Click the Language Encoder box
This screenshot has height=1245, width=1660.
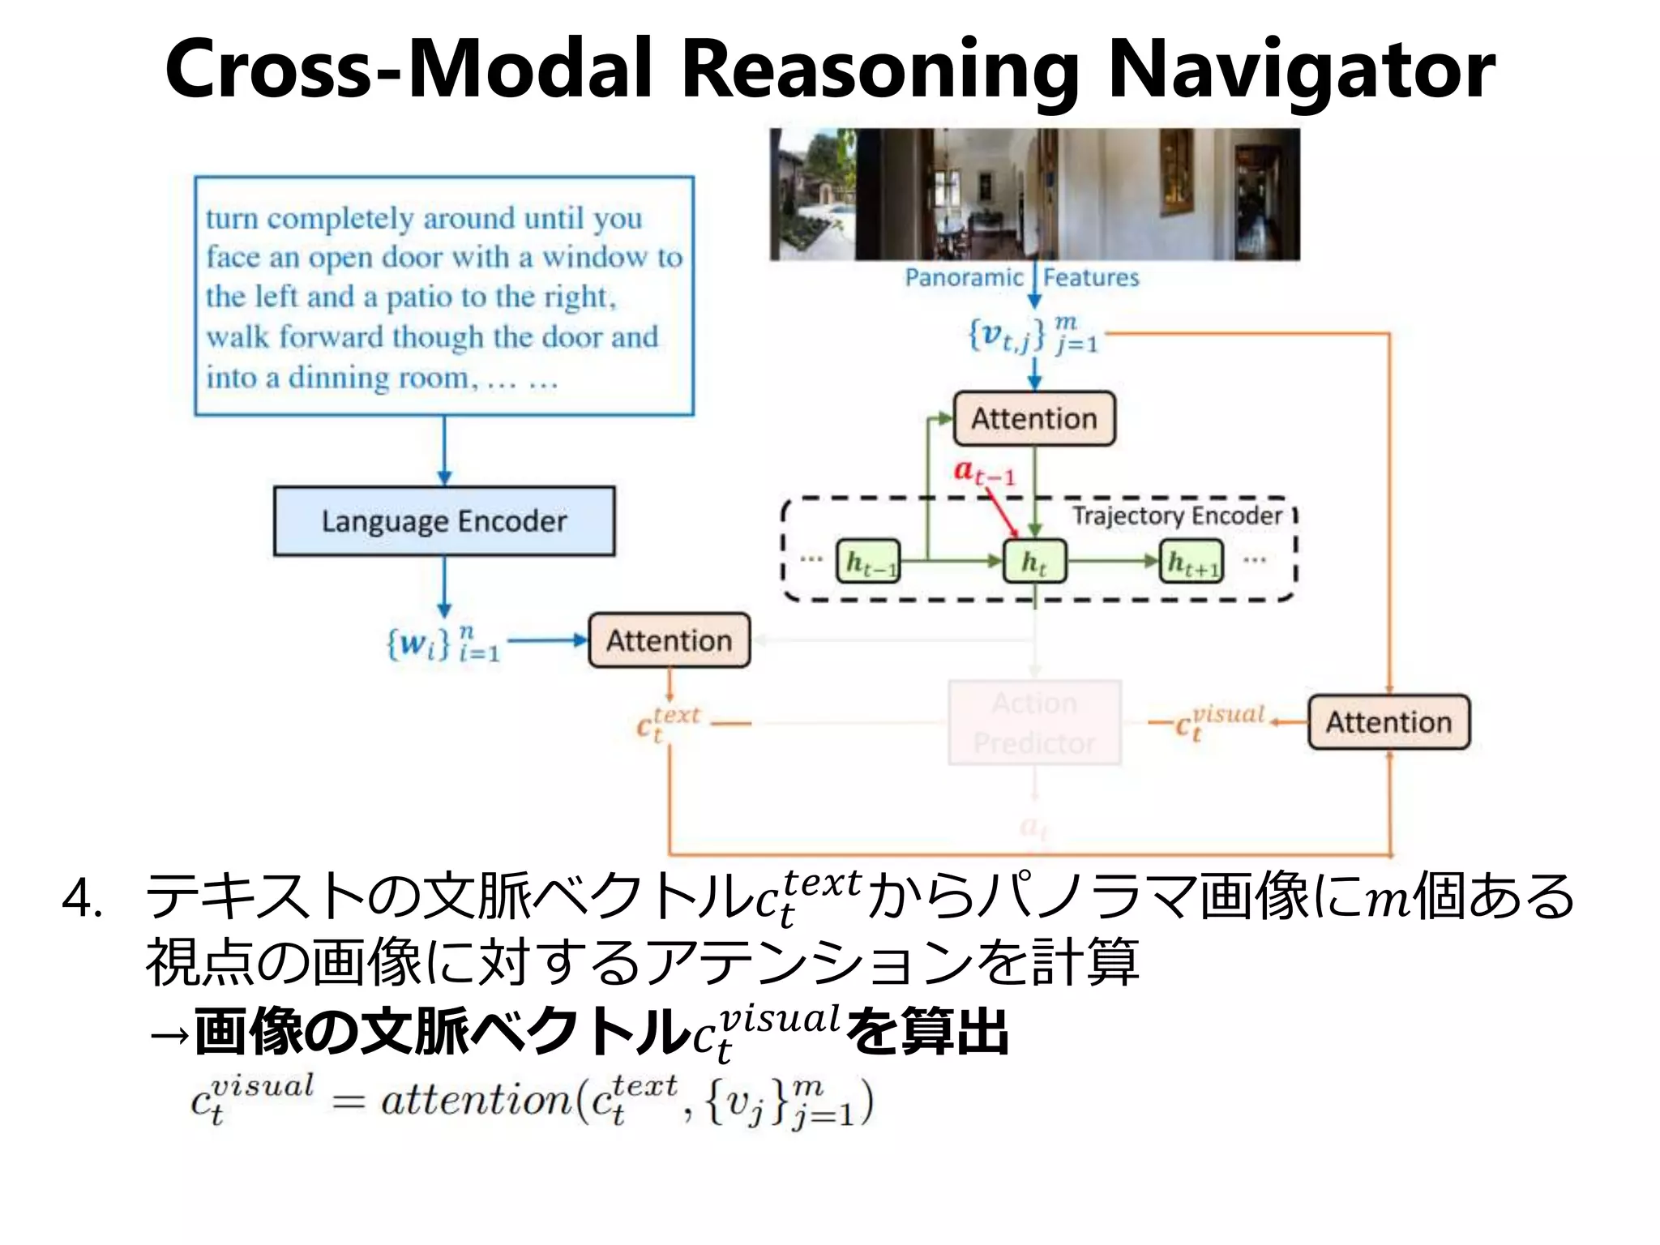443,520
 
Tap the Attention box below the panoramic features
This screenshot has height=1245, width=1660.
1033,418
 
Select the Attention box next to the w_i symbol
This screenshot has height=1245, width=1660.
669,640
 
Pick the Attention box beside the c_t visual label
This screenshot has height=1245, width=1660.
1388,721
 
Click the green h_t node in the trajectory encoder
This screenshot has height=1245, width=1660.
1034,561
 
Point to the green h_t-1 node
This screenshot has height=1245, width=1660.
868,561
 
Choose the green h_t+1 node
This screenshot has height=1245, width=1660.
1192,562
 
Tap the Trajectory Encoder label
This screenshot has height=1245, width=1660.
1177,516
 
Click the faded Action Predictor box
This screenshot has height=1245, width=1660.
1034,722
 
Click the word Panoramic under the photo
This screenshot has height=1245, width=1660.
964,277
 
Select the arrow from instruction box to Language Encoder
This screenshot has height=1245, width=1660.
444,451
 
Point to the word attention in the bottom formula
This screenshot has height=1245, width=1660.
476,1101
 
